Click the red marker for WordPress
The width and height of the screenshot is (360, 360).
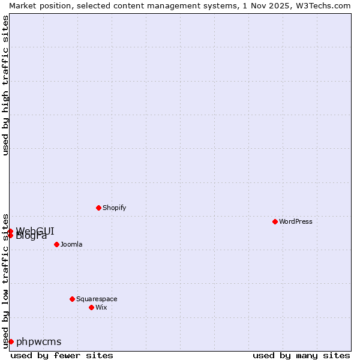click(275, 221)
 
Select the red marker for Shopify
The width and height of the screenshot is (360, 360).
click(98, 208)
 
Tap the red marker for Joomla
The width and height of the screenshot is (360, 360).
click(56, 244)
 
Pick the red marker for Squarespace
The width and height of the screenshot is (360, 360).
click(72, 299)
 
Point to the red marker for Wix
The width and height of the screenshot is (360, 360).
click(91, 307)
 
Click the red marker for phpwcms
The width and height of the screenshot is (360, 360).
click(11, 341)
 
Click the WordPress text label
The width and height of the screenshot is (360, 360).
click(296, 221)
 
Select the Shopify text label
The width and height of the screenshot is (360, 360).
click(114, 208)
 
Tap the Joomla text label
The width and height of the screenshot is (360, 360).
click(71, 244)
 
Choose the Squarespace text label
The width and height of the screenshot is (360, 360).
click(97, 299)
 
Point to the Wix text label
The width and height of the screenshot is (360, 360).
click(101, 307)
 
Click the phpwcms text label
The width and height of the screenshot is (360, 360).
click(38, 341)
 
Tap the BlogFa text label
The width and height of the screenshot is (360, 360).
click(31, 236)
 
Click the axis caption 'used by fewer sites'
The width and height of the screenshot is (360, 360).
click(62, 355)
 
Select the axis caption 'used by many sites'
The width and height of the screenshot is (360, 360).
click(301, 355)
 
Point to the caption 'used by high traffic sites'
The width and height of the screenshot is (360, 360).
click(5, 85)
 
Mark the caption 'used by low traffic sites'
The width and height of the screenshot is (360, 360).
click(5, 280)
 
